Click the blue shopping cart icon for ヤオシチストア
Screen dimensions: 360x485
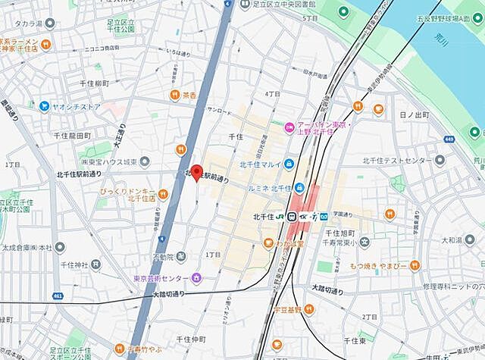click(x=45, y=106)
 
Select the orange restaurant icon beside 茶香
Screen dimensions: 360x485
click(x=174, y=95)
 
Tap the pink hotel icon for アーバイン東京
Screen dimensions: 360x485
click(x=288, y=127)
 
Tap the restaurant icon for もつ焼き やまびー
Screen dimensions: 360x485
click(x=415, y=265)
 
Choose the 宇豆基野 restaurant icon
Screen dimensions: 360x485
click(x=277, y=308)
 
